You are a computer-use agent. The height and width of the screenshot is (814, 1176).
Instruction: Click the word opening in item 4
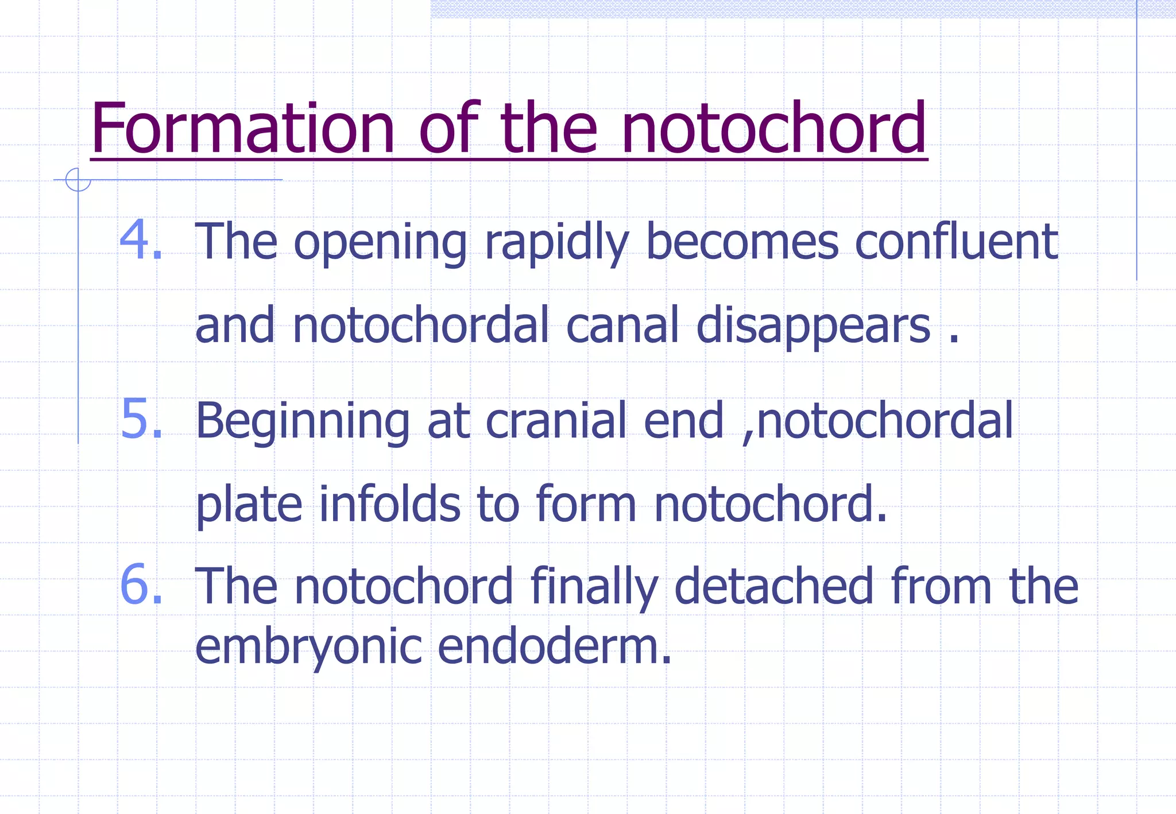pyautogui.click(x=380, y=243)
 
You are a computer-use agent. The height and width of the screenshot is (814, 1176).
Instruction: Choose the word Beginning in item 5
pyautogui.click(x=303, y=422)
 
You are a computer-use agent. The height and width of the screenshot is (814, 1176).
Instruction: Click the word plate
pyautogui.click(x=249, y=505)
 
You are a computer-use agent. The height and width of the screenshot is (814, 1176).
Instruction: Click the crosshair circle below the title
pyautogui.click(x=78, y=180)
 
